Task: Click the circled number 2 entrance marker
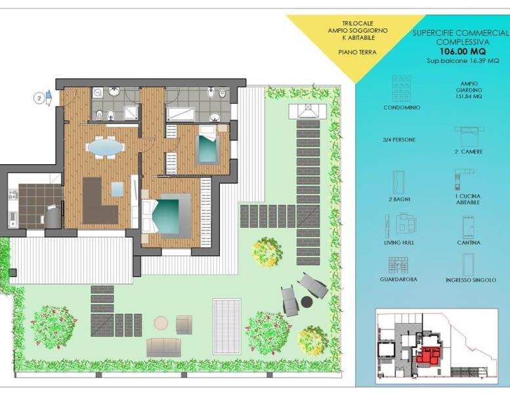point(39,98)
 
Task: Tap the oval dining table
point(106,148)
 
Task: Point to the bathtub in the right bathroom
point(181,114)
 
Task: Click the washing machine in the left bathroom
point(98,93)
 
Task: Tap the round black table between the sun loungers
point(307,302)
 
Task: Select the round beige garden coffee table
point(161,322)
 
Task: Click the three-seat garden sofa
point(163,347)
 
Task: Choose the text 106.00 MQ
point(463,51)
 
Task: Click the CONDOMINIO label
point(402,108)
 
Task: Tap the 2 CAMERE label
point(469,152)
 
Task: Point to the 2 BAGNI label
point(400,200)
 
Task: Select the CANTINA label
point(469,242)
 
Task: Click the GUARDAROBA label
point(398,279)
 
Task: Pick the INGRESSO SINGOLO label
point(471,280)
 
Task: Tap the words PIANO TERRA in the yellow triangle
point(358,52)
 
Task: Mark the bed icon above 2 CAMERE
point(469,137)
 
